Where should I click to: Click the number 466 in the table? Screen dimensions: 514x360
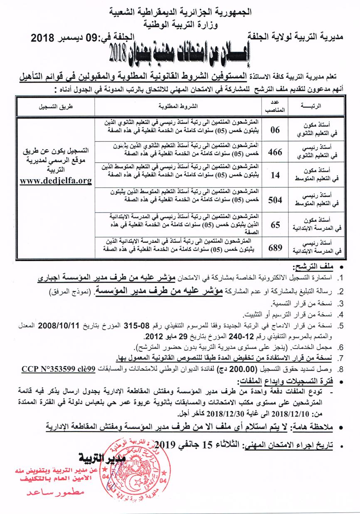pyautogui.click(x=275, y=152)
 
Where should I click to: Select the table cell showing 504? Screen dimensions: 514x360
pyautogui.click(x=275, y=200)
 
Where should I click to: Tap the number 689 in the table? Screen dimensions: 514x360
pyautogui.click(x=275, y=248)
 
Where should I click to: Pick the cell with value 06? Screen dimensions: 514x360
pyautogui.click(x=275, y=129)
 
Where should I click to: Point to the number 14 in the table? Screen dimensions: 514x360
pyautogui.click(x=275, y=176)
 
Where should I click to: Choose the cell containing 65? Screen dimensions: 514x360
pyautogui.click(x=275, y=225)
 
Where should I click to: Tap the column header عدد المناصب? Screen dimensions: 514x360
pyautogui.click(x=275, y=106)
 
